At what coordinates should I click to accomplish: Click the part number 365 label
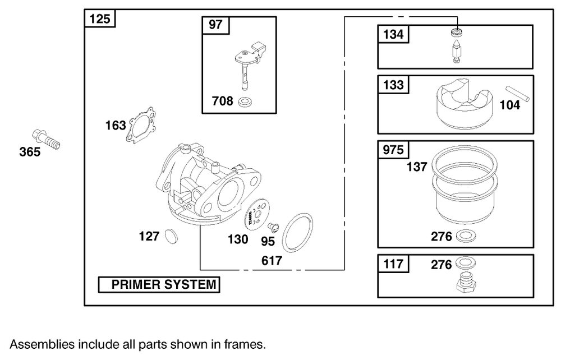tap(30, 152)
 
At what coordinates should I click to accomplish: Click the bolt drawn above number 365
tap(47, 139)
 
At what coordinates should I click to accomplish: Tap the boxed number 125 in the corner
tap(100, 19)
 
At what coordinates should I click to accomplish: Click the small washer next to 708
tap(245, 103)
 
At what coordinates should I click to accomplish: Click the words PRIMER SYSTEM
tap(163, 285)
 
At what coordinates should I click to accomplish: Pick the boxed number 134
tap(393, 35)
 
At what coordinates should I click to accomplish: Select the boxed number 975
tap(393, 151)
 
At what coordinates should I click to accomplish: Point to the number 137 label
tap(417, 167)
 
